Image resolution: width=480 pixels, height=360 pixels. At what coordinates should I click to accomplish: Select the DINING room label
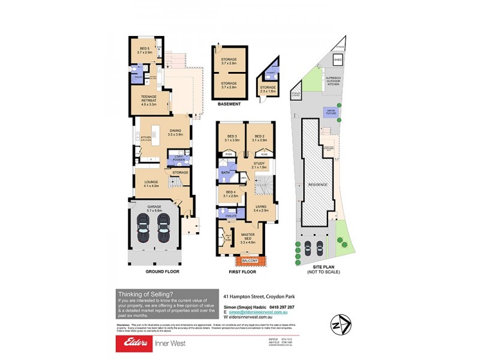click(x=175, y=133)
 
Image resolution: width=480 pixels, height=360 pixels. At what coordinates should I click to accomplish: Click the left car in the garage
click(x=144, y=227)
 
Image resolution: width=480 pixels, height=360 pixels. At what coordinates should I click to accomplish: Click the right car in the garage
click(x=163, y=227)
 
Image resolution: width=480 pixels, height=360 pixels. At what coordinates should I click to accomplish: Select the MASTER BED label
click(x=248, y=239)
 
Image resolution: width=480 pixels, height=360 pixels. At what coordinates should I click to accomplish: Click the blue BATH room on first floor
click(x=226, y=173)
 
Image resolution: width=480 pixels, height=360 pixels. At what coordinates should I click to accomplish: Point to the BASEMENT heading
click(x=229, y=104)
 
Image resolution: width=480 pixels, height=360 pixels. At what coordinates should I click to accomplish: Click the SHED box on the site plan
click(x=337, y=59)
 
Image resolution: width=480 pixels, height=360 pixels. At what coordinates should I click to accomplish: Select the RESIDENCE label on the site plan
click(x=317, y=184)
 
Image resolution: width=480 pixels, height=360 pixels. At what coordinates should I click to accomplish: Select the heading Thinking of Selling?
click(x=146, y=293)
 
